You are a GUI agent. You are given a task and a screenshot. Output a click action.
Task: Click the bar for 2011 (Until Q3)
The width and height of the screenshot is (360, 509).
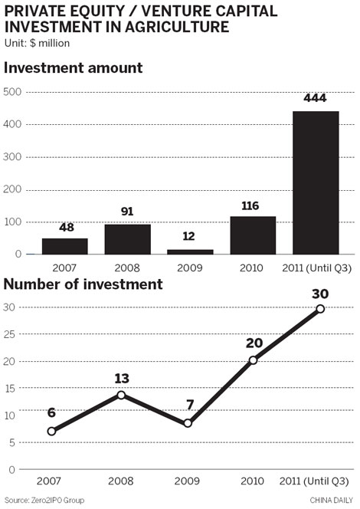[x=316, y=182]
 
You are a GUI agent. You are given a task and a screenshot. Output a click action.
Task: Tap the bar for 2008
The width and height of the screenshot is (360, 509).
[x=127, y=239]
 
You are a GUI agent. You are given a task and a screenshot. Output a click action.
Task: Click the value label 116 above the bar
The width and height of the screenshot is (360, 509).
[x=253, y=205]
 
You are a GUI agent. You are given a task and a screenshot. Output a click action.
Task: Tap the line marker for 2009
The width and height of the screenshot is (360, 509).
[x=188, y=423]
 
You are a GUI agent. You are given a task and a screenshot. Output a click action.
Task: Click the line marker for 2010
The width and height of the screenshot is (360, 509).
[x=253, y=360]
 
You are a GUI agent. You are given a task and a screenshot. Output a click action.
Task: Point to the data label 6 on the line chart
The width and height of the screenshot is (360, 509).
[x=51, y=412]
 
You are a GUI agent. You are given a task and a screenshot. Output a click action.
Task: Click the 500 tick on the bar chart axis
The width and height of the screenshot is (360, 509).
[x=13, y=92]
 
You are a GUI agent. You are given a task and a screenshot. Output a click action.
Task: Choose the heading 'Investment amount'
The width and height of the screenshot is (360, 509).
[x=74, y=67]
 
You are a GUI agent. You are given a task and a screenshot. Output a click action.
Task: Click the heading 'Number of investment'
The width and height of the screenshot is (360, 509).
[x=83, y=284]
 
